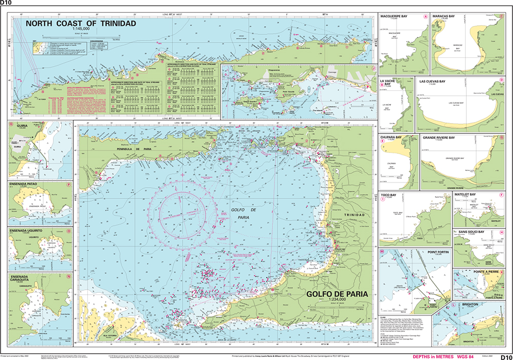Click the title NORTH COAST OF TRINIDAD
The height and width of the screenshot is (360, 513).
(81, 24)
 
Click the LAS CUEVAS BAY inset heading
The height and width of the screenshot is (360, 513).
(437, 81)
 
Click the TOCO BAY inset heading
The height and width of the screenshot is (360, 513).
(390, 195)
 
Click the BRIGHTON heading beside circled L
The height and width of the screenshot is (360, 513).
(470, 304)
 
